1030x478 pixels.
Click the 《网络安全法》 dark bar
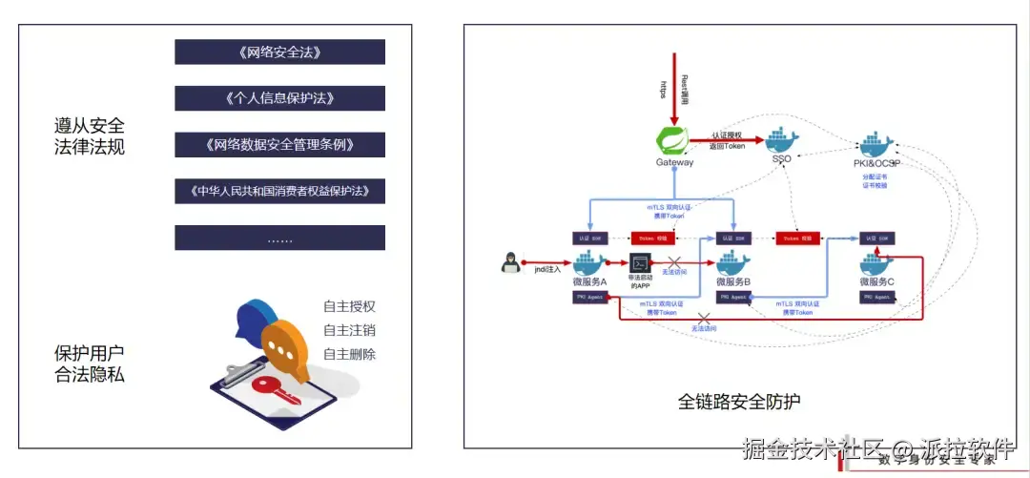(x=279, y=52)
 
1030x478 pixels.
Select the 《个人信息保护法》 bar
(x=279, y=98)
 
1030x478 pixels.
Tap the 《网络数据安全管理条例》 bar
(x=279, y=145)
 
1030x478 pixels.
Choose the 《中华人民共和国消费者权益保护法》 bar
(x=279, y=191)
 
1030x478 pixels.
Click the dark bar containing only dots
(x=279, y=238)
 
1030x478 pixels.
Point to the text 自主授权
(x=349, y=307)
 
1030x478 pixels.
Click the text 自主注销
(x=349, y=331)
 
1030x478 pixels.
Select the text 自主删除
(x=349, y=355)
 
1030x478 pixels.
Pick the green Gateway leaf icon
(x=674, y=140)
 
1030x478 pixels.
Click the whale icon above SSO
(x=781, y=140)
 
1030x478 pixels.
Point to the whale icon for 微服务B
(x=733, y=262)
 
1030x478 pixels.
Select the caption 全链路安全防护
(x=726, y=401)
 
